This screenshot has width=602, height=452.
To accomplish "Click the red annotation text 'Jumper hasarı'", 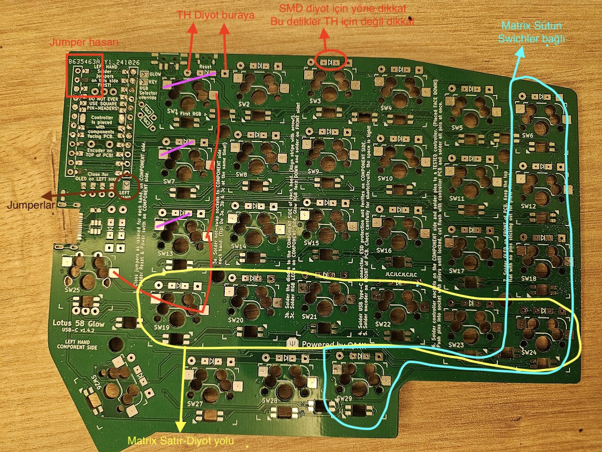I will [84, 42].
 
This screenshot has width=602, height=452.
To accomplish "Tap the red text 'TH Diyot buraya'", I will [215, 15].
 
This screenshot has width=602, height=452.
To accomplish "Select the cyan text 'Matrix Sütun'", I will [532, 25].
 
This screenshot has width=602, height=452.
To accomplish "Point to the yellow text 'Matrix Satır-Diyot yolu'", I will [181, 441].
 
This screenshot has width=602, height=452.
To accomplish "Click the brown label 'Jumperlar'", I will [31, 205].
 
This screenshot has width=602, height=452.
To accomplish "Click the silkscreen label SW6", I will [527, 135].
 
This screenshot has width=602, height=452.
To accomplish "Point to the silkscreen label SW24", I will [528, 352].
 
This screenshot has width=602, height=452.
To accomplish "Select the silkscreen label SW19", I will [161, 327].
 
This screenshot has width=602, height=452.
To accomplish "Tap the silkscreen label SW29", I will [344, 398].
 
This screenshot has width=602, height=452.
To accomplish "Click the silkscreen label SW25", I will [72, 289].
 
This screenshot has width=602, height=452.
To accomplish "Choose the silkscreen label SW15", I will [311, 243].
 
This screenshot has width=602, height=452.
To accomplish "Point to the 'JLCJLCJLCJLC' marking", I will [401, 274].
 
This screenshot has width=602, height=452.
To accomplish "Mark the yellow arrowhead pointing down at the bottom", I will [181, 426].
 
